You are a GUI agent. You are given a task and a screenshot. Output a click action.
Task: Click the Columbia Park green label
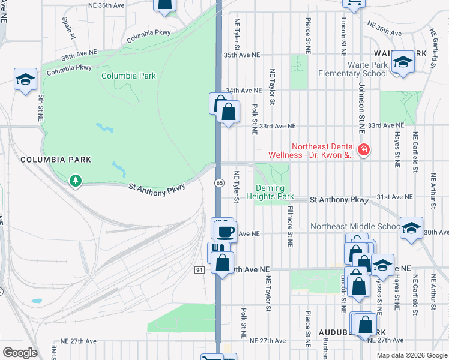point(128,76)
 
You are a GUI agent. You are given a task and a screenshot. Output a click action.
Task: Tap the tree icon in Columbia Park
point(74,179)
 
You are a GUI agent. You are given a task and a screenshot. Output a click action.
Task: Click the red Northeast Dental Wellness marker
point(363,149)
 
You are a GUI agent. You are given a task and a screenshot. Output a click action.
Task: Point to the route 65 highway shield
point(219,182)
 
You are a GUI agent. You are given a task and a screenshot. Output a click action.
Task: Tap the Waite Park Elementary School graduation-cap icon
point(403,62)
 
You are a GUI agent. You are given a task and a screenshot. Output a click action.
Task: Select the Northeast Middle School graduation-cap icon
point(411,228)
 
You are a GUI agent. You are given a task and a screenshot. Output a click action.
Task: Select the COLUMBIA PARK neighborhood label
point(56,160)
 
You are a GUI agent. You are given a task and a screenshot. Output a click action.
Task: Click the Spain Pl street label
point(67,28)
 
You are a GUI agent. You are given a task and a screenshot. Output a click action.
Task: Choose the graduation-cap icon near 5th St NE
point(25,79)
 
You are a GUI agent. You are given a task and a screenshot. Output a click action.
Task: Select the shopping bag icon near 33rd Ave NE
point(228,112)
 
